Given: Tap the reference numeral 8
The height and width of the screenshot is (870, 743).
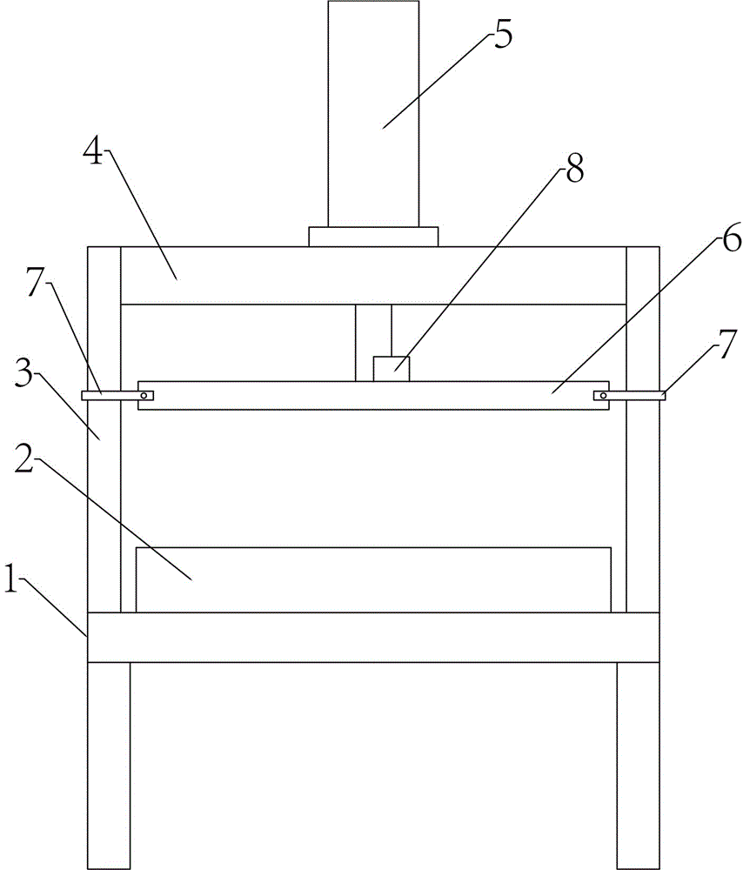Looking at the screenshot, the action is click(575, 169).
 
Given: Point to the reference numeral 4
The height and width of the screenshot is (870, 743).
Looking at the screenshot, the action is click(93, 151).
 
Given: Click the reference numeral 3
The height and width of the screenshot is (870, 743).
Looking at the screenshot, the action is click(24, 375).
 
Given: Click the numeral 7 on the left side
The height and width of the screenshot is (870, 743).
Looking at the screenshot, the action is click(35, 284).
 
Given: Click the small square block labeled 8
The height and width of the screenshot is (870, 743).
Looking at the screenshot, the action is click(392, 369).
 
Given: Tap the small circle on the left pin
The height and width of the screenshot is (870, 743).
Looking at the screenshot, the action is click(144, 396).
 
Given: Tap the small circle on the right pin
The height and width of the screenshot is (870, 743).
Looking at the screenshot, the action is click(603, 396).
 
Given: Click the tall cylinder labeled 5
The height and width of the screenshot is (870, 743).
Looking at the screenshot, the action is click(373, 113).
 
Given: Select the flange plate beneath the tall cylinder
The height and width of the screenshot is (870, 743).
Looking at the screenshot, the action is click(373, 237).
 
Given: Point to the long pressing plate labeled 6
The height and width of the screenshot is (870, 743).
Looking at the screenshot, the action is click(373, 396).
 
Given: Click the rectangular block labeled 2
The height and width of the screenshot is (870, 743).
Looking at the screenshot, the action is click(373, 579).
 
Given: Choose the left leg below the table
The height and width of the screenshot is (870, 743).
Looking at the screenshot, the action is click(109, 766).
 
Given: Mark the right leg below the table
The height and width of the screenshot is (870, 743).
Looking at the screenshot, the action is click(638, 766).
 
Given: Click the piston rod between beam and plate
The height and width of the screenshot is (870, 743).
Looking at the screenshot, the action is click(373, 342).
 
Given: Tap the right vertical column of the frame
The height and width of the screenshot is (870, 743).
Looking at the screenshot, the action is click(643, 430).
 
